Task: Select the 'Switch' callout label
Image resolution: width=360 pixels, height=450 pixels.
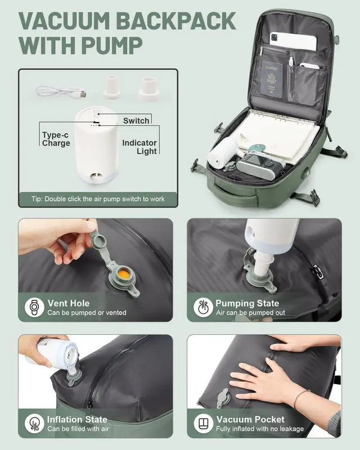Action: pyautogui.click(x=136, y=120)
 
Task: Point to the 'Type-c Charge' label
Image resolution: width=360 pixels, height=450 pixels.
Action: pyautogui.click(x=56, y=139)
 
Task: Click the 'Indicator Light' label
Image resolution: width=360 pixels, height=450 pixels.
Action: pyautogui.click(x=139, y=147)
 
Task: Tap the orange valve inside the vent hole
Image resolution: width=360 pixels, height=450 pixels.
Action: pyautogui.click(x=122, y=275)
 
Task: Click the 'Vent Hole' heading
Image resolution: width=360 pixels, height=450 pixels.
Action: pyautogui.click(x=68, y=304)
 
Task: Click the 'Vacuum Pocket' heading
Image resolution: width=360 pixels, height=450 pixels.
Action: pyautogui.click(x=250, y=420)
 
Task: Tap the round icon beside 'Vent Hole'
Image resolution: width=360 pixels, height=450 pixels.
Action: pyautogui.click(x=35, y=308)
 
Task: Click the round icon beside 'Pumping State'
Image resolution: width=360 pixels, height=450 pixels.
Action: pyautogui.click(x=203, y=308)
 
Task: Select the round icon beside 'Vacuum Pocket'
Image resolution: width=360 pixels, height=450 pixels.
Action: pyautogui.click(x=203, y=424)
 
